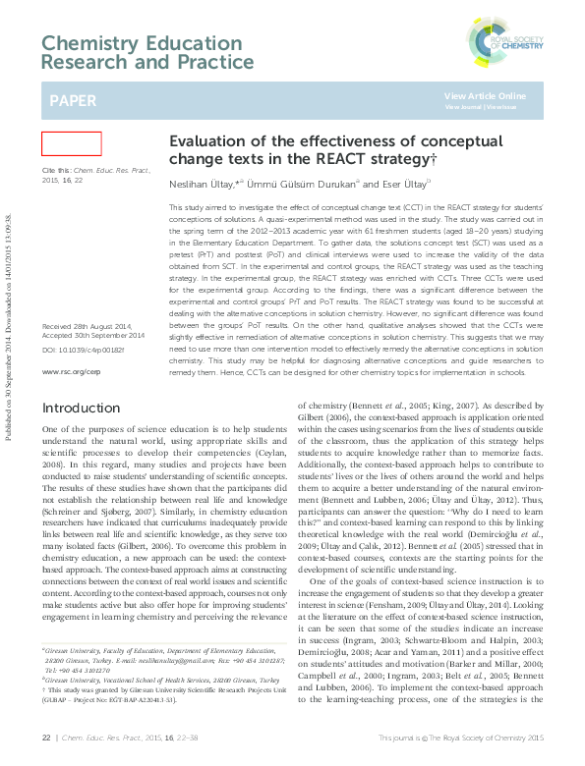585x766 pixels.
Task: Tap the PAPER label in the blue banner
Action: (75, 101)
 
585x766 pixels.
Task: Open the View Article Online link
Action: (485, 95)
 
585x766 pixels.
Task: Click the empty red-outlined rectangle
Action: (71, 143)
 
